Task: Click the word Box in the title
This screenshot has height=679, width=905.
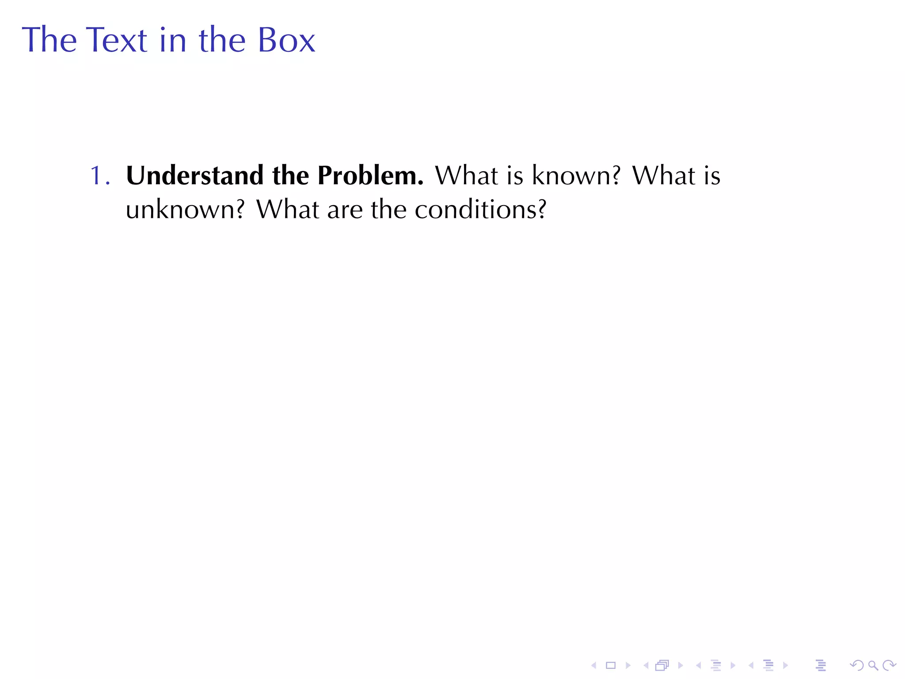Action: (x=286, y=40)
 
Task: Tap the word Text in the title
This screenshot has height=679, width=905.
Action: (x=116, y=40)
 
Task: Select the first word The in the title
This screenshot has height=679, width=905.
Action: (x=49, y=40)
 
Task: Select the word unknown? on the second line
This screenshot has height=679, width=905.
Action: (x=185, y=210)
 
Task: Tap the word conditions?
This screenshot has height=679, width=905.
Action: (x=480, y=210)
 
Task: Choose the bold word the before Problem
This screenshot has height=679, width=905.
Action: (x=290, y=175)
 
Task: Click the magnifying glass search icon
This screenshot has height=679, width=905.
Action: (x=873, y=665)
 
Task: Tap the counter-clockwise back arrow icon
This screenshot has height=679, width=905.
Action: (x=856, y=665)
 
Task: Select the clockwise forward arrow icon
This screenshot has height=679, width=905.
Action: (x=889, y=665)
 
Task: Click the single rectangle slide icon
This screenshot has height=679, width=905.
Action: (x=611, y=665)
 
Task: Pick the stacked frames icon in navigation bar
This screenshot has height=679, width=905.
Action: (x=662, y=665)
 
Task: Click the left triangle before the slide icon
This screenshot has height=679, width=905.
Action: (x=594, y=665)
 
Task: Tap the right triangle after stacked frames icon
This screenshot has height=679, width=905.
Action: (x=680, y=665)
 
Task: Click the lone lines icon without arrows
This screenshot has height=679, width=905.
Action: (x=821, y=665)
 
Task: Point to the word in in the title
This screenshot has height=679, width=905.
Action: (x=173, y=40)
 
